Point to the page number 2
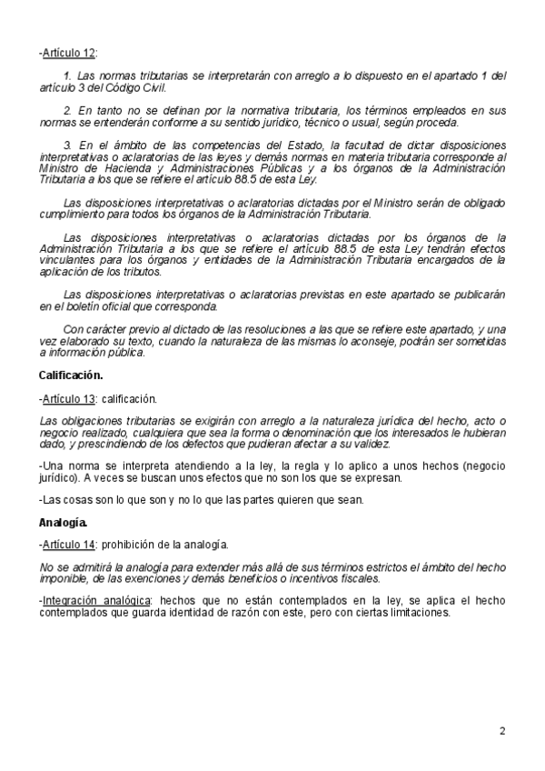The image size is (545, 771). click(502, 730)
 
